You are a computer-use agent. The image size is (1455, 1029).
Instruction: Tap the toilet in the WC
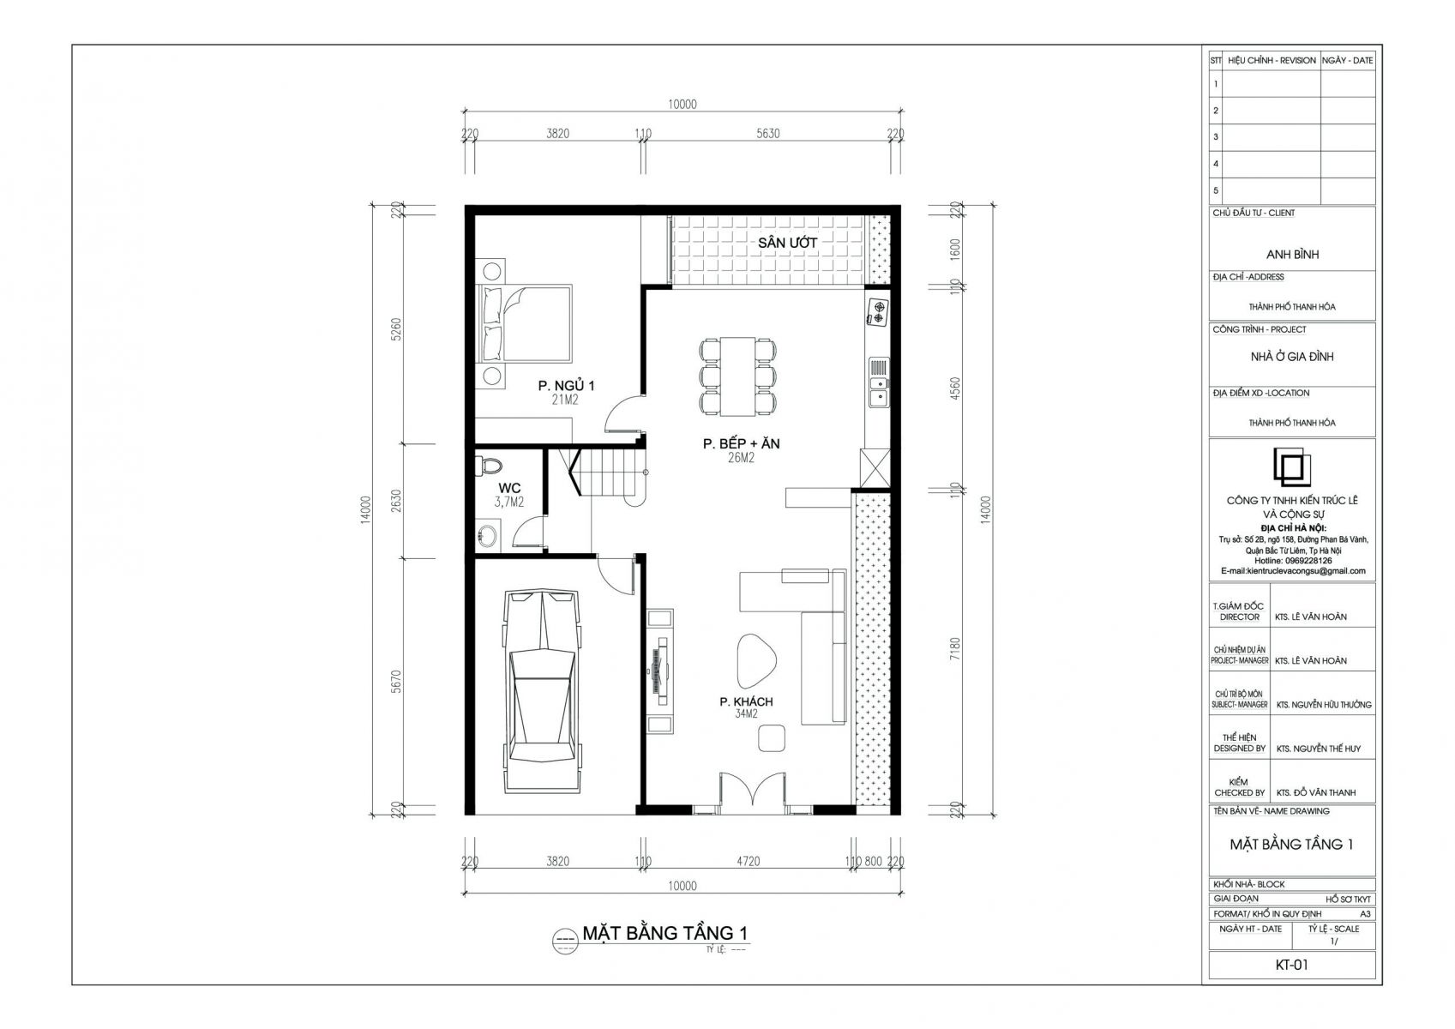click(490, 465)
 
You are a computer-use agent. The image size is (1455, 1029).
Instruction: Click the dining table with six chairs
click(738, 375)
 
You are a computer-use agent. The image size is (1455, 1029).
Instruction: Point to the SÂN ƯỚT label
click(787, 243)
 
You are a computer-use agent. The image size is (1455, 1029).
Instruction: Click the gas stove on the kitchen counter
click(878, 312)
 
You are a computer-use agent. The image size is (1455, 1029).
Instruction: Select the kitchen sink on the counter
click(878, 382)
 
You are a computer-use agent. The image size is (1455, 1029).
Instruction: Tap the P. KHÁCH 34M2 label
click(746, 707)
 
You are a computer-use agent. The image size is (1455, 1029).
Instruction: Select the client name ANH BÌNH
click(1292, 255)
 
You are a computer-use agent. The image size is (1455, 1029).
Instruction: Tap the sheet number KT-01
click(1291, 965)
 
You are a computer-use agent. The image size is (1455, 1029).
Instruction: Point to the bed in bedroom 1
click(526, 324)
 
